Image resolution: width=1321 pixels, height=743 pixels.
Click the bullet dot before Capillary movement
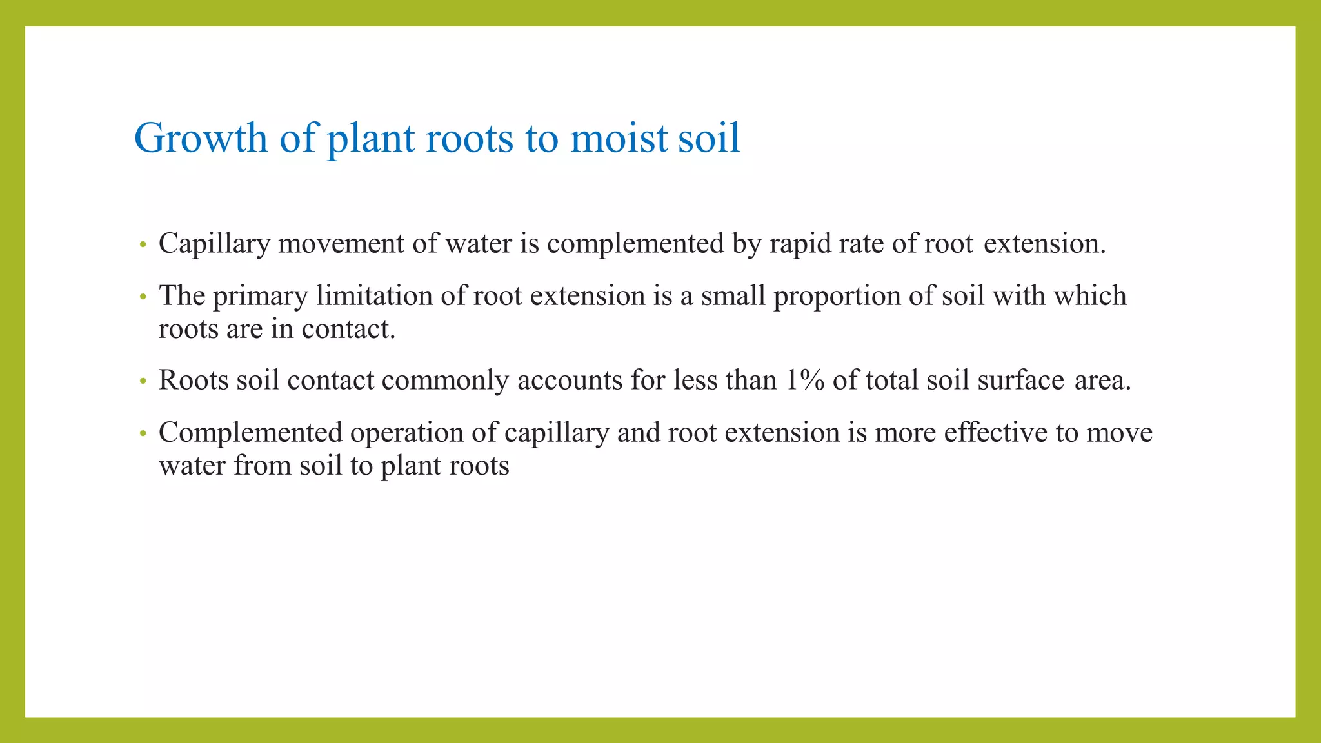143,245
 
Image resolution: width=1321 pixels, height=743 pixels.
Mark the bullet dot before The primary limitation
143,297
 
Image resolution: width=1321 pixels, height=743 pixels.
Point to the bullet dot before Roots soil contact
143,382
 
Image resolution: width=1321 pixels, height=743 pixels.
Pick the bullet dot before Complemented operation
143,434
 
